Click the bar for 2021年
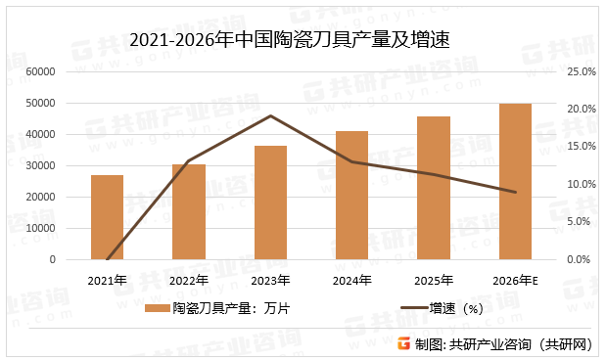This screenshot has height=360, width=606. (107, 217)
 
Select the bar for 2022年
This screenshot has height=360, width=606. (189, 212)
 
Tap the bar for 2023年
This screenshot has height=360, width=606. (270, 202)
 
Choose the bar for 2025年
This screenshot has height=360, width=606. (434, 188)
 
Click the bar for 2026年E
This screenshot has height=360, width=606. (515, 182)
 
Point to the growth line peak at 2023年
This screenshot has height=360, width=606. (270, 115)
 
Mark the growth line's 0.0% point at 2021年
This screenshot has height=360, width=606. (107, 259)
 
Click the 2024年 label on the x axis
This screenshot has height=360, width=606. (352, 280)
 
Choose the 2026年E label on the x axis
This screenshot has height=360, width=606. (516, 280)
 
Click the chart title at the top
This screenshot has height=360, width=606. (303, 38)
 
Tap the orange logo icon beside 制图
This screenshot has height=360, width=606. (403, 344)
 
